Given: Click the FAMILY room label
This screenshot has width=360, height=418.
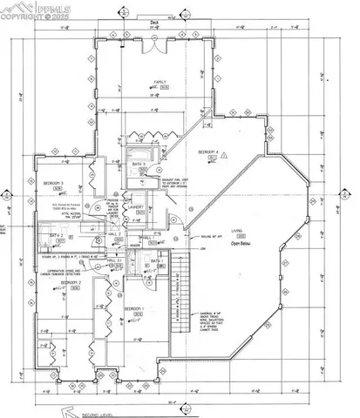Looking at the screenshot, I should click(x=160, y=82).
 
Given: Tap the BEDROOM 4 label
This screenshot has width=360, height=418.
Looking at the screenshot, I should click(x=207, y=152).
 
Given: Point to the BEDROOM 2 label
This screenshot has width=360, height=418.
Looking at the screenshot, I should click(x=72, y=283).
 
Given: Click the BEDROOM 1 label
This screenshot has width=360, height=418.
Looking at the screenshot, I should click(x=133, y=309).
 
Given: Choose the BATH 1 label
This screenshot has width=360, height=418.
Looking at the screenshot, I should click(x=157, y=260).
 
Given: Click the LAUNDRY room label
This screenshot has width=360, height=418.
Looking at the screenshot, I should click(x=136, y=207).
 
